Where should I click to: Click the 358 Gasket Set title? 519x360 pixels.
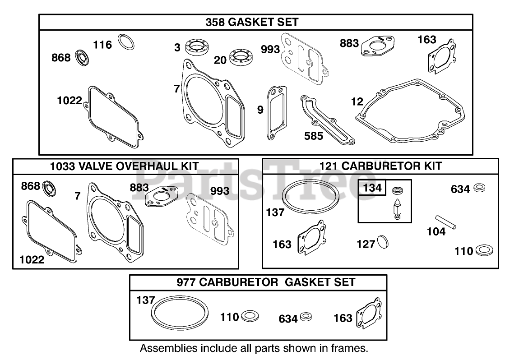(252, 22)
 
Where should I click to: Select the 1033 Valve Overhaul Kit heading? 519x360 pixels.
(124, 166)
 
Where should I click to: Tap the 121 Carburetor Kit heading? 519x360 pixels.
(380, 166)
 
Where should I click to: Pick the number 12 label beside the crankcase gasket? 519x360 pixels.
(357, 102)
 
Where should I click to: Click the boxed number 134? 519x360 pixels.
(372, 188)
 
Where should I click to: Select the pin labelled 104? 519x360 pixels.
(446, 222)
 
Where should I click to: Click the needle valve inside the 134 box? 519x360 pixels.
(398, 209)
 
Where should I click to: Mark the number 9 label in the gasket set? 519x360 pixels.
(260, 110)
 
